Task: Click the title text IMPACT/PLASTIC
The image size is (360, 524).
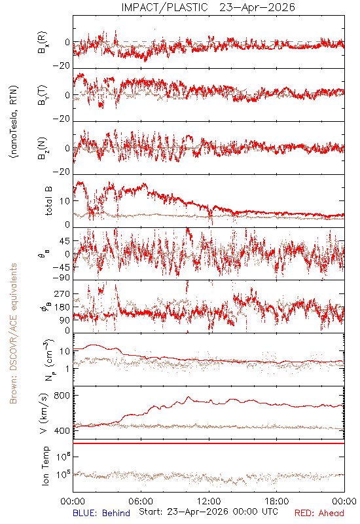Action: click(x=164, y=7)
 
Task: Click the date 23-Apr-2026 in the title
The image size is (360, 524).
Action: click(x=257, y=7)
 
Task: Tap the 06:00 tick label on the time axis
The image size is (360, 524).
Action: click(x=141, y=501)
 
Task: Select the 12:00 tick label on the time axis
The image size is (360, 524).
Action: click(x=209, y=501)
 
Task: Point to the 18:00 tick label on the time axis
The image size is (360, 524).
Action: click(x=276, y=501)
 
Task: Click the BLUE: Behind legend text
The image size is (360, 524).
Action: click(x=101, y=513)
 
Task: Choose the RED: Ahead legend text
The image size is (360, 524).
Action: click(x=319, y=513)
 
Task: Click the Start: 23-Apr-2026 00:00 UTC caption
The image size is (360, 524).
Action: click(x=208, y=512)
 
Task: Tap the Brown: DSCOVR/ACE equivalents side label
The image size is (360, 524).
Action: click(x=13, y=333)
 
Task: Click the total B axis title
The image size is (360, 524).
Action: click(x=48, y=201)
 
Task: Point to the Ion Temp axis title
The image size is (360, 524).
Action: click(x=45, y=466)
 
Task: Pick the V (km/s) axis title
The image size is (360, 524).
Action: click(x=44, y=413)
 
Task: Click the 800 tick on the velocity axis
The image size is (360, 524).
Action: click(x=62, y=396)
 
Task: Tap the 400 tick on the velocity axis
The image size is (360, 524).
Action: click(x=62, y=431)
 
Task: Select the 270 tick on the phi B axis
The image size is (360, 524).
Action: click(x=62, y=293)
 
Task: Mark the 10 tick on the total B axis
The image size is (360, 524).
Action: click(x=65, y=201)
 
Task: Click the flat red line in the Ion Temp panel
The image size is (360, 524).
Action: click(x=209, y=443)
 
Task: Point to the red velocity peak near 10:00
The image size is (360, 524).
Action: click(x=189, y=397)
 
